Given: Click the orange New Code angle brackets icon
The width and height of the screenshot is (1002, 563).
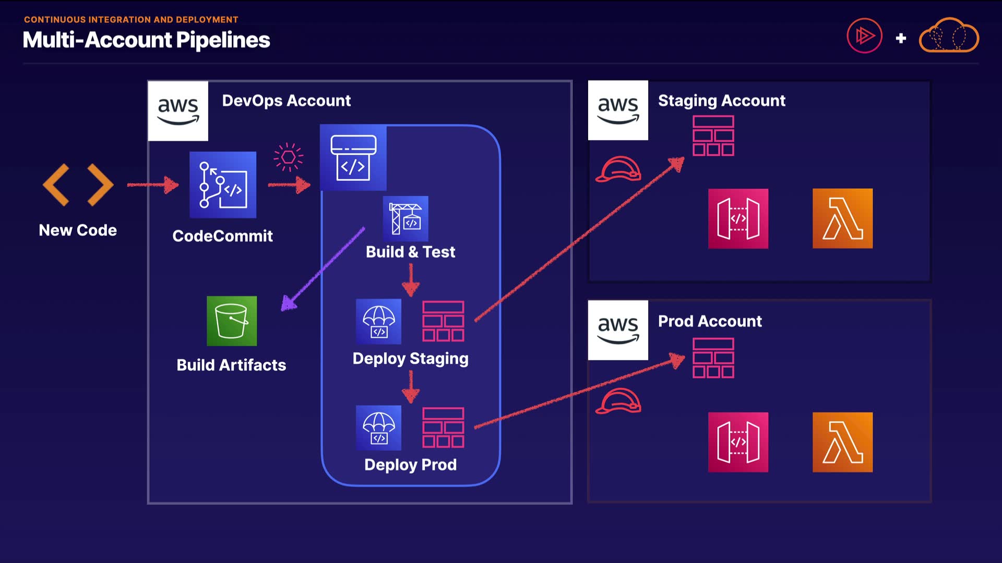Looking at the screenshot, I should (x=78, y=185).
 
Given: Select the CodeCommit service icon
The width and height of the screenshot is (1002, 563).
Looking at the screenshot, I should (x=223, y=185).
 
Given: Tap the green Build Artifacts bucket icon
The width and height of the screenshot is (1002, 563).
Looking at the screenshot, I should (x=232, y=321).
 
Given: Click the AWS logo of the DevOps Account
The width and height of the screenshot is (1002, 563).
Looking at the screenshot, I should (x=178, y=111).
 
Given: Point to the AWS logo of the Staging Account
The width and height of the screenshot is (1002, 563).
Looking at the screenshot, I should (x=618, y=111).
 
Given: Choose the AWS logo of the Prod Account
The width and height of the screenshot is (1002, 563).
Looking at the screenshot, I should (x=618, y=330).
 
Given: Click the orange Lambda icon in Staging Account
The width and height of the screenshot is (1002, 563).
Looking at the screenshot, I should (x=842, y=218).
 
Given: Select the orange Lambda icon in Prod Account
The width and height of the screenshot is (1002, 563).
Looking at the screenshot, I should (x=842, y=442).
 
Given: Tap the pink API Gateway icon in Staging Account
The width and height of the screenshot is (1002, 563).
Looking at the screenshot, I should (x=738, y=218).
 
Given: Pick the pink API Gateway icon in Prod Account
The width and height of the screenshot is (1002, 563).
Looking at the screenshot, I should (x=738, y=442).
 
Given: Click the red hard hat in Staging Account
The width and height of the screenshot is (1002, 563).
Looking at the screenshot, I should (x=618, y=169).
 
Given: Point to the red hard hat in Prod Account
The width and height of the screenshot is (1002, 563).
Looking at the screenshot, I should (x=618, y=401).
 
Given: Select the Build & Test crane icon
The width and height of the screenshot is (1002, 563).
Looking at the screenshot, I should (x=405, y=218).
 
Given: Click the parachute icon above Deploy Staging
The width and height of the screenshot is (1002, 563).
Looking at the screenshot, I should (x=378, y=321).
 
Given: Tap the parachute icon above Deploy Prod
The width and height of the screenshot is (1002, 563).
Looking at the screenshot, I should (x=378, y=427).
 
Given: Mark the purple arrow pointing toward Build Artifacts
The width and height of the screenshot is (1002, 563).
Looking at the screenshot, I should (x=324, y=269).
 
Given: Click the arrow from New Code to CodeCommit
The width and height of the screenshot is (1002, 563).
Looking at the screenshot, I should (x=152, y=185).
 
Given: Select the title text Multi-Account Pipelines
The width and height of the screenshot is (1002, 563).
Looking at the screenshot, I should (x=146, y=40).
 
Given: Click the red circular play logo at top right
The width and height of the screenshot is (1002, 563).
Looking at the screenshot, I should (x=864, y=36).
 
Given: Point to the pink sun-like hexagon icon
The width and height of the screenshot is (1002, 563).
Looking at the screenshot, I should (x=288, y=157).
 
